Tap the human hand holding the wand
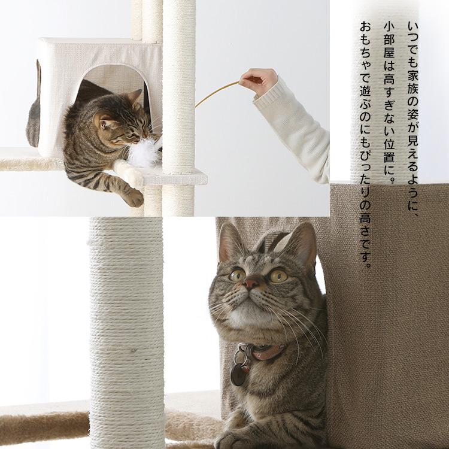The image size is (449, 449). click(x=258, y=80)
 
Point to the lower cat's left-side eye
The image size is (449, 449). click(x=237, y=274)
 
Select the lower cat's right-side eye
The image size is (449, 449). click(x=278, y=275)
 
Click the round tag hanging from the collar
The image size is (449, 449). click(x=238, y=375)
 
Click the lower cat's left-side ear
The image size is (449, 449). click(x=230, y=242)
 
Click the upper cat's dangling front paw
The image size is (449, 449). click(x=133, y=198)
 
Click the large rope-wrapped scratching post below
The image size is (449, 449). click(x=126, y=335)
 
